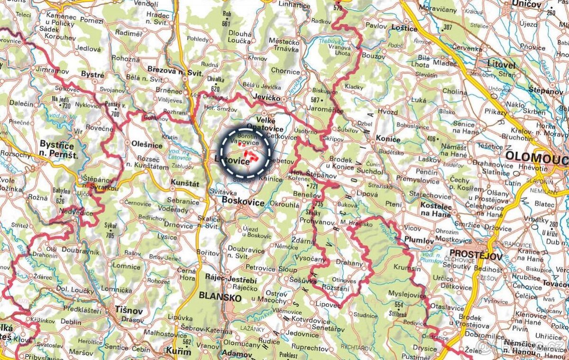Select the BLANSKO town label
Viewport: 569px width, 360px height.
220,297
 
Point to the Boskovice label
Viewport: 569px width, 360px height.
243,202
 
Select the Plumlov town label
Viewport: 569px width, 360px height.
419,240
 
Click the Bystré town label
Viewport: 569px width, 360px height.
93,74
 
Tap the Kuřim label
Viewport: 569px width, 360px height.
178,351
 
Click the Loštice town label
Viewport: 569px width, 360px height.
404,28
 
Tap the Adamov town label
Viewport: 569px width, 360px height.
237,353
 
